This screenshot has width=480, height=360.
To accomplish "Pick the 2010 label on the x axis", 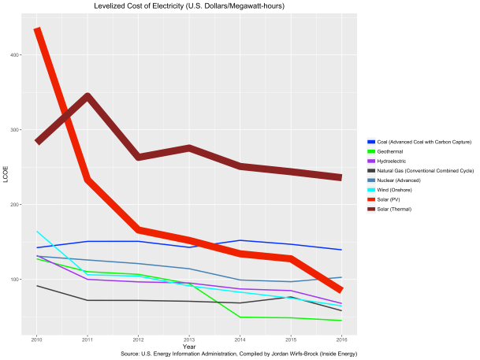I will click(x=36, y=340).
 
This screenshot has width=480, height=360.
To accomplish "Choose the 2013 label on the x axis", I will click(x=189, y=340).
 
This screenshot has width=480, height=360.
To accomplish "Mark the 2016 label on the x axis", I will click(x=341, y=340).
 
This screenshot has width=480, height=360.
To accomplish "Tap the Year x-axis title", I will click(x=189, y=347).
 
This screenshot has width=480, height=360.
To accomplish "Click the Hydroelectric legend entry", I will click(x=399, y=161).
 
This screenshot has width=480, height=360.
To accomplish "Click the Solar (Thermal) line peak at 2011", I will click(x=87, y=97).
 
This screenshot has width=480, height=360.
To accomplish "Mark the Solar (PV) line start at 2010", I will click(x=37, y=30).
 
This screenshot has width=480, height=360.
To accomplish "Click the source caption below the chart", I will click(x=239, y=354).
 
